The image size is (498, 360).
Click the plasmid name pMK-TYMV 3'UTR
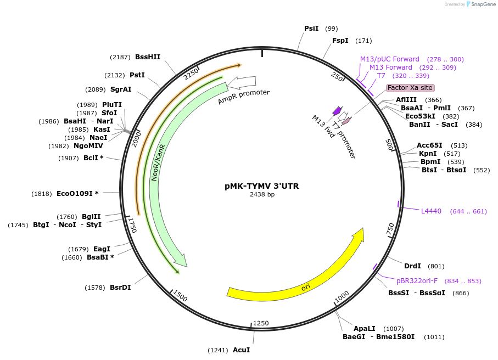coord(262,186)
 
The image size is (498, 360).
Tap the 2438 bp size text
coord(262,194)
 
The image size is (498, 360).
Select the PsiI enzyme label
coord(311,29)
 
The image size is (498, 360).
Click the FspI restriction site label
coord(340,41)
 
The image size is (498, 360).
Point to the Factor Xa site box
coord(410,88)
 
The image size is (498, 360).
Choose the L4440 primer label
coord(431,211)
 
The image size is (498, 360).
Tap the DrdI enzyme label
coord(412,266)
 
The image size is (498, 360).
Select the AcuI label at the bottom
coord(241,350)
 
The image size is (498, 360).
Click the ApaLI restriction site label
coord(364,328)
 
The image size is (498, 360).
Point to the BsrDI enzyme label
coord(120,288)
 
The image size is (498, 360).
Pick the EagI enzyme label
coord(102,249)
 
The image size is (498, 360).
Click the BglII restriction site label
coord(91,217)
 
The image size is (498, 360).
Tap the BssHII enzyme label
coord(148,57)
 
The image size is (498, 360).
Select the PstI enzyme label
coord(137,75)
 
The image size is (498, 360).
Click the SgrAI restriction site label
coord(121,89)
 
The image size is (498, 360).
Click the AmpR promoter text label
coord(244,97)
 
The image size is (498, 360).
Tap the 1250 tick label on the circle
coord(261,323)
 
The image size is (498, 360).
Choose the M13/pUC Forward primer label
coord(390,59)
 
